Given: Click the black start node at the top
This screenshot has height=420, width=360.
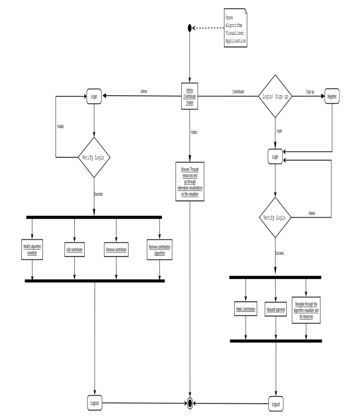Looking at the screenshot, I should pyautogui.click(x=190, y=28).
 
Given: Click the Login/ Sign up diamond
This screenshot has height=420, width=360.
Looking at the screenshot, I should pyautogui.click(x=275, y=97).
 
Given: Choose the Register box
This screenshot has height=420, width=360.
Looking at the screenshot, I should pyautogui.click(x=332, y=97).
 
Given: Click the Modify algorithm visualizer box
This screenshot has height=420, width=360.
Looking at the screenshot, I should pyautogui.click(x=32, y=250).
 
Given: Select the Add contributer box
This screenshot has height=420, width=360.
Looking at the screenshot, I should pyautogui.click(x=75, y=250).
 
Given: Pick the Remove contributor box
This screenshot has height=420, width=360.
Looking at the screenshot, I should pyautogui.click(x=116, y=250).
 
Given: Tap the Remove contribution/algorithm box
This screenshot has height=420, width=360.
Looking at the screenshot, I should pyautogui.click(x=160, y=250).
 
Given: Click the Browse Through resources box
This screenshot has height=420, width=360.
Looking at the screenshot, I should pyautogui.click(x=190, y=181).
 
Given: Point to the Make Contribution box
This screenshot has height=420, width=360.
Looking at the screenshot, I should pyautogui.click(x=246, y=310).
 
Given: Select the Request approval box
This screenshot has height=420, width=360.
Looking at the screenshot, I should pyautogui.click(x=275, y=310).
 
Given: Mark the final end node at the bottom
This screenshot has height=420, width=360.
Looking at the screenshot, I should pyautogui.click(x=190, y=404).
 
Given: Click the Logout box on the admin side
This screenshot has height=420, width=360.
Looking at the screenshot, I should pyautogui.click(x=94, y=403).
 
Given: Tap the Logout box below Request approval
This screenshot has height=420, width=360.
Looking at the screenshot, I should pyautogui.click(x=275, y=404).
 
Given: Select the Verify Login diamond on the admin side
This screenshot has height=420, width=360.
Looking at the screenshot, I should pyautogui.click(x=94, y=158).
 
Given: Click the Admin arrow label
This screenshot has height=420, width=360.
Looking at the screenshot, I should pyautogui.click(x=144, y=92).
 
